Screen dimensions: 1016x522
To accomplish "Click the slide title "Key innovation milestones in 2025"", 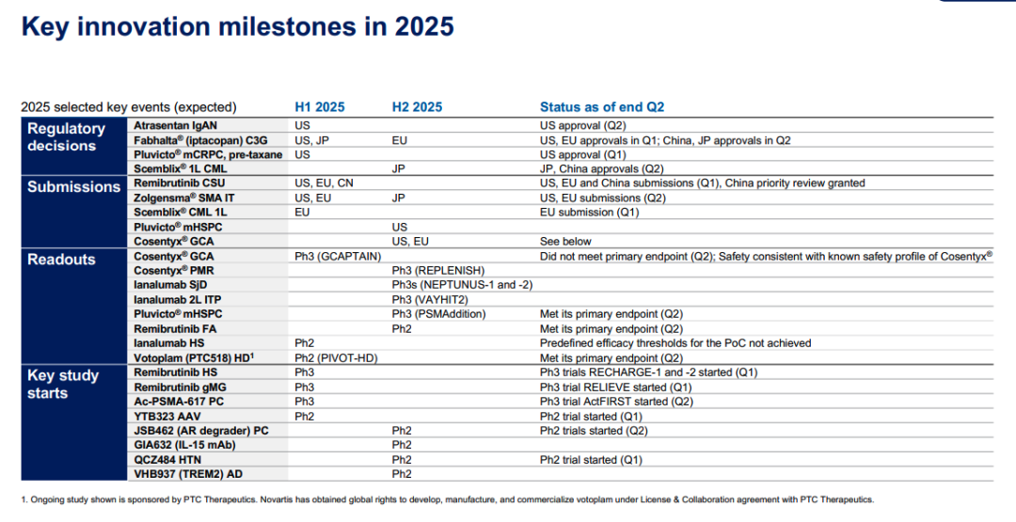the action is tap(237, 26).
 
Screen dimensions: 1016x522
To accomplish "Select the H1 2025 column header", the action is tap(320, 107).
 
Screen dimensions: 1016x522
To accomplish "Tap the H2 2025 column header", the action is tap(418, 107).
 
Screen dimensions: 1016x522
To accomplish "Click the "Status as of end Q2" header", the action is tap(602, 107).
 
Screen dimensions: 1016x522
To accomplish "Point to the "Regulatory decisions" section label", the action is tap(66, 136).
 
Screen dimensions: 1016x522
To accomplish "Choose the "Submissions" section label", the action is tap(74, 186).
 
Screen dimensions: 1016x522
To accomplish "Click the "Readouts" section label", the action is tap(61, 259).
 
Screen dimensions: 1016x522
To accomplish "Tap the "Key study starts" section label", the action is tap(63, 384).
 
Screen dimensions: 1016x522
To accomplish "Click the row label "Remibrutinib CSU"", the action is tap(180, 183).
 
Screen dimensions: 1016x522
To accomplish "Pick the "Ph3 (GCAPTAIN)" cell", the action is tap(338, 257).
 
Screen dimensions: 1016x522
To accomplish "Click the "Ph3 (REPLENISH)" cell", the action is tap(438, 271).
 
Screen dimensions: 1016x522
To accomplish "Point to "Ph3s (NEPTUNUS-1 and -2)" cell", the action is tap(462, 285).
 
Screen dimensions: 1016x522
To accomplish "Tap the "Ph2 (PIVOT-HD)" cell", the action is tap(336, 358).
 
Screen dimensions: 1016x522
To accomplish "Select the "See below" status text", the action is tap(565, 242).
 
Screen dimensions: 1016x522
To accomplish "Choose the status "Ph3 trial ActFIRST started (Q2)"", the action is tap(616, 402).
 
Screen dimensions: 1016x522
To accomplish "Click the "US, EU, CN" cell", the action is tap(324, 183).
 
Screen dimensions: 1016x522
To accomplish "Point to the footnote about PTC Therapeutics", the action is tap(448, 499).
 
